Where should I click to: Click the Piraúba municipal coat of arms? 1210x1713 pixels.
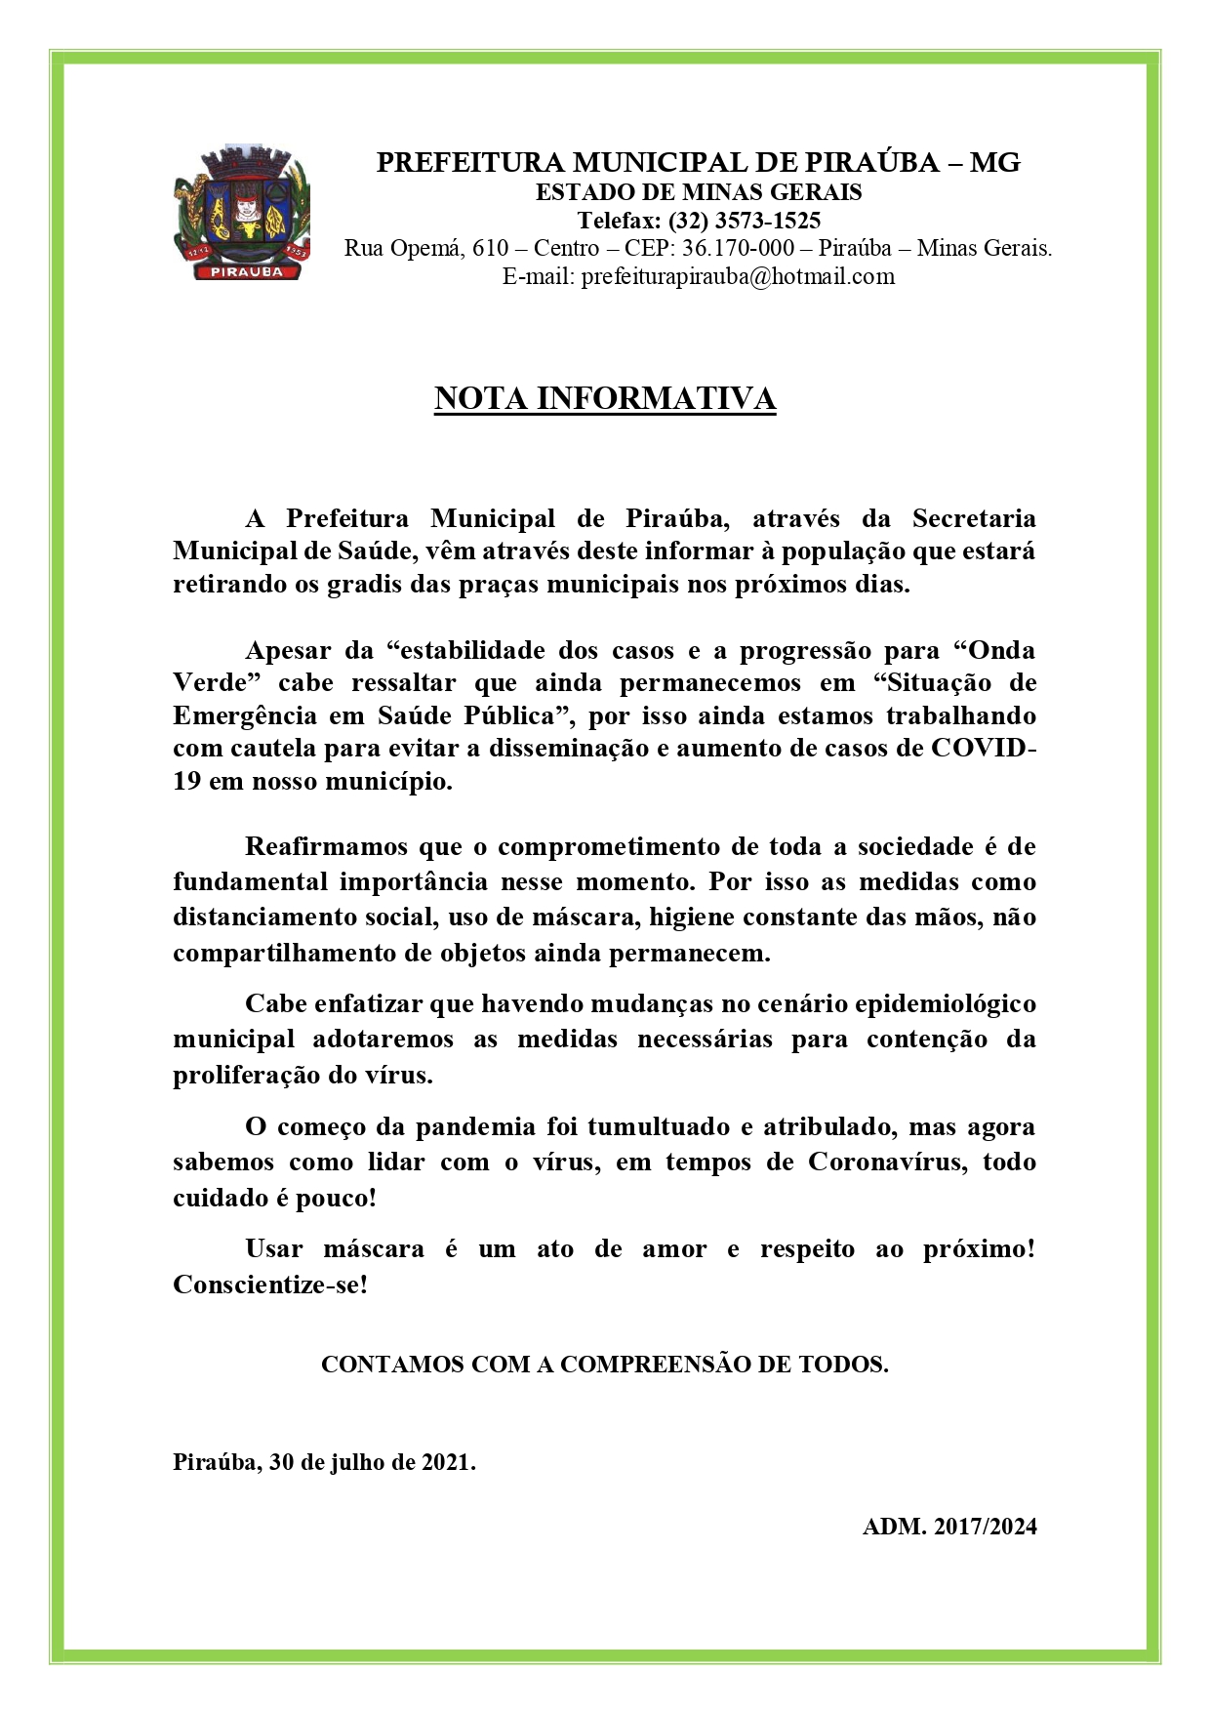(x=242, y=211)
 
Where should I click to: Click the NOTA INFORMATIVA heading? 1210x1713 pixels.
(x=605, y=398)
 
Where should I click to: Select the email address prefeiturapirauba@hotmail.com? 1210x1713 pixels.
(x=738, y=276)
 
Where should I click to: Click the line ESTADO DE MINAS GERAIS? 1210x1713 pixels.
(x=699, y=191)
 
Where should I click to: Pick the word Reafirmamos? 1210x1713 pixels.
(x=324, y=846)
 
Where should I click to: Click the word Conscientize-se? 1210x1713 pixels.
(x=270, y=1285)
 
